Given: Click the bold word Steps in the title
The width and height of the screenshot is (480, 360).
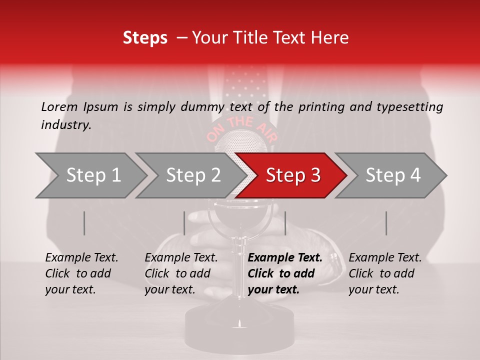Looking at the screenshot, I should tap(145, 38).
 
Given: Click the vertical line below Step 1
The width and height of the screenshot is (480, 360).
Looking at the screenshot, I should tap(84, 223).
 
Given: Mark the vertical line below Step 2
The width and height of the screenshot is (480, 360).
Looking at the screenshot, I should tap(184, 223).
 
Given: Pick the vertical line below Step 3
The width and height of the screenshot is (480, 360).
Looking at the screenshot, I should tap(285, 223).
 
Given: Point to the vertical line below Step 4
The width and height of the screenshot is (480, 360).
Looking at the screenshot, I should tap(386, 223).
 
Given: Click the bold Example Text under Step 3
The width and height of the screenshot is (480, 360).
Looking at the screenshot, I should tap(285, 258).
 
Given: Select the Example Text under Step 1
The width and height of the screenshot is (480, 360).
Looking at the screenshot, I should tap(82, 258).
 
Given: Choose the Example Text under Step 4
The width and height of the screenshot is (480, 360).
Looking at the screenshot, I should tap(385, 258).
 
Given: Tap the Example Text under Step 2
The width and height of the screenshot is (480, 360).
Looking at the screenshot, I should tap(181, 258).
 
